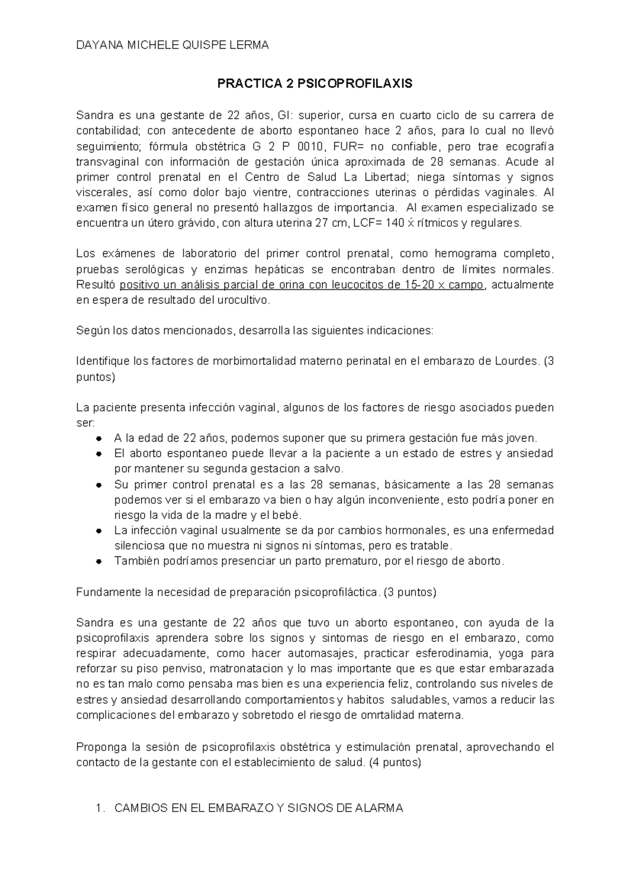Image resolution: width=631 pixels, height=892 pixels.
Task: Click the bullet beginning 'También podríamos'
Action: click(x=99, y=561)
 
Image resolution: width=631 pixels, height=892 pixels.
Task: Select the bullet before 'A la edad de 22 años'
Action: click(x=99, y=439)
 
